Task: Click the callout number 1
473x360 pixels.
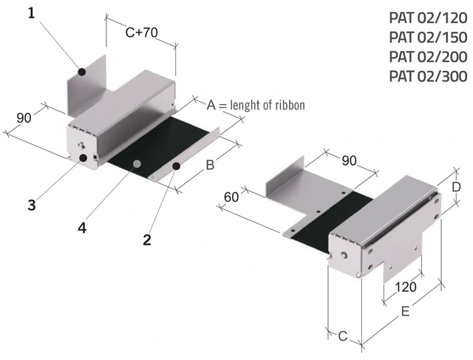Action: pos(31,13)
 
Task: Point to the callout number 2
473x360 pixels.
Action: pos(147,239)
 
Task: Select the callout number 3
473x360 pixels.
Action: pos(32,206)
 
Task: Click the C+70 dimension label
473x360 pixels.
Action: pos(141,33)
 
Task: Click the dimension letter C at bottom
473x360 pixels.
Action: pos(342,337)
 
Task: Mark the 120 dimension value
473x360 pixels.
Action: pos(406,286)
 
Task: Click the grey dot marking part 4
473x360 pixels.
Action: pos(136,163)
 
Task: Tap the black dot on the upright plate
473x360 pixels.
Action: pos(83,72)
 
